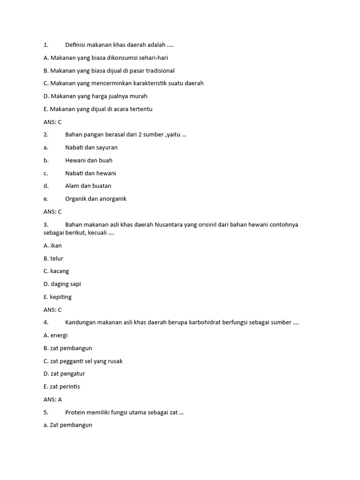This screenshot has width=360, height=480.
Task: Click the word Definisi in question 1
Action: click(76, 45)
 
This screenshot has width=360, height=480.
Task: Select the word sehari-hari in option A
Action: click(152, 58)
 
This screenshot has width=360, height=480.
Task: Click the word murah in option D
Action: click(138, 96)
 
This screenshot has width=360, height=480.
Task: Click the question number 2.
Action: click(46, 135)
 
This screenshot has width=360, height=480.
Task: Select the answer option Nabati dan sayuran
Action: click(91, 147)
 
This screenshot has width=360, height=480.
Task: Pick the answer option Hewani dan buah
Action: click(89, 160)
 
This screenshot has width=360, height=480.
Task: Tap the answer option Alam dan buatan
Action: click(88, 186)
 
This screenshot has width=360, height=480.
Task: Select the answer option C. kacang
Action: click(56, 271)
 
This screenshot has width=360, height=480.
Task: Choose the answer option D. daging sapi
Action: click(62, 284)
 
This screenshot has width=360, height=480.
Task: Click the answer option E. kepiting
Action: click(57, 297)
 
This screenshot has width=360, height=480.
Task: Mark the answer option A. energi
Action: click(55, 335)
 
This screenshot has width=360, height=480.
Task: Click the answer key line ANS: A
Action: click(52, 399)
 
